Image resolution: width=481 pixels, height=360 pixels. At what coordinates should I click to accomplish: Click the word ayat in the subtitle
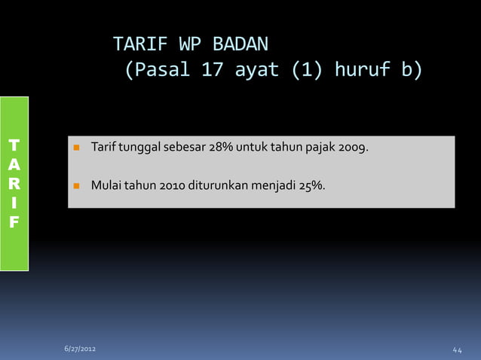tap(256, 71)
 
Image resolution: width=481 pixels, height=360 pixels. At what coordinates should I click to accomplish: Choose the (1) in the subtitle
tap(305, 71)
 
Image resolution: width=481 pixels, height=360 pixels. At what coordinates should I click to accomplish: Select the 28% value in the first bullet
tap(223, 146)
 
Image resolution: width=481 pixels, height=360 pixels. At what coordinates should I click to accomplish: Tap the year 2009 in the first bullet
tap(351, 146)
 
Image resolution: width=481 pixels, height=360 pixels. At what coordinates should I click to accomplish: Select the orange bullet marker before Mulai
tap(76, 183)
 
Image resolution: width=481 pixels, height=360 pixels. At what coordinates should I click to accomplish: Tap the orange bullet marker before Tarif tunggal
tap(76, 147)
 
